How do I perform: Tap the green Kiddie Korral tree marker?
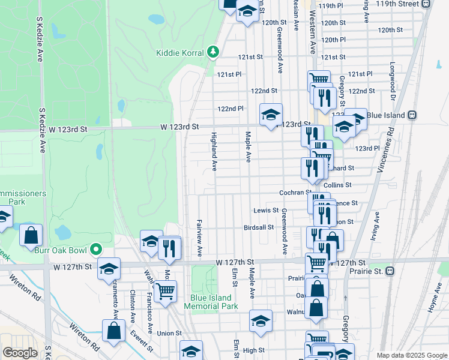pyautogui.click(x=212, y=53)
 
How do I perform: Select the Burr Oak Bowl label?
pyautogui.click(x=61, y=250)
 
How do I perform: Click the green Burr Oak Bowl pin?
pyautogui.click(x=95, y=250)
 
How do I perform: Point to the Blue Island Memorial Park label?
pyautogui.click(x=214, y=302)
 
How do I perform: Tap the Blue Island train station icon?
pyautogui.click(x=412, y=115)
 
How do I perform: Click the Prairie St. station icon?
pyautogui.click(x=390, y=271)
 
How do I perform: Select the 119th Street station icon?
pyautogui.click(x=426, y=4)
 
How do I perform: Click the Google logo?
pyautogui.click(x=20, y=353)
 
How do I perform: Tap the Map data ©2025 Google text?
pyautogui.click(x=411, y=355)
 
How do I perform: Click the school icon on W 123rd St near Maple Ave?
pyautogui.click(x=271, y=114)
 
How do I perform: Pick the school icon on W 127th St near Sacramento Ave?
pyautogui.click(x=109, y=269)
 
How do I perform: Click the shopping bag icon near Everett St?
pyautogui.click(x=113, y=331)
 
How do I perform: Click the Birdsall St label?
pyautogui.click(x=259, y=227)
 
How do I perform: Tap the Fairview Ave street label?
pyautogui.click(x=199, y=235)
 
